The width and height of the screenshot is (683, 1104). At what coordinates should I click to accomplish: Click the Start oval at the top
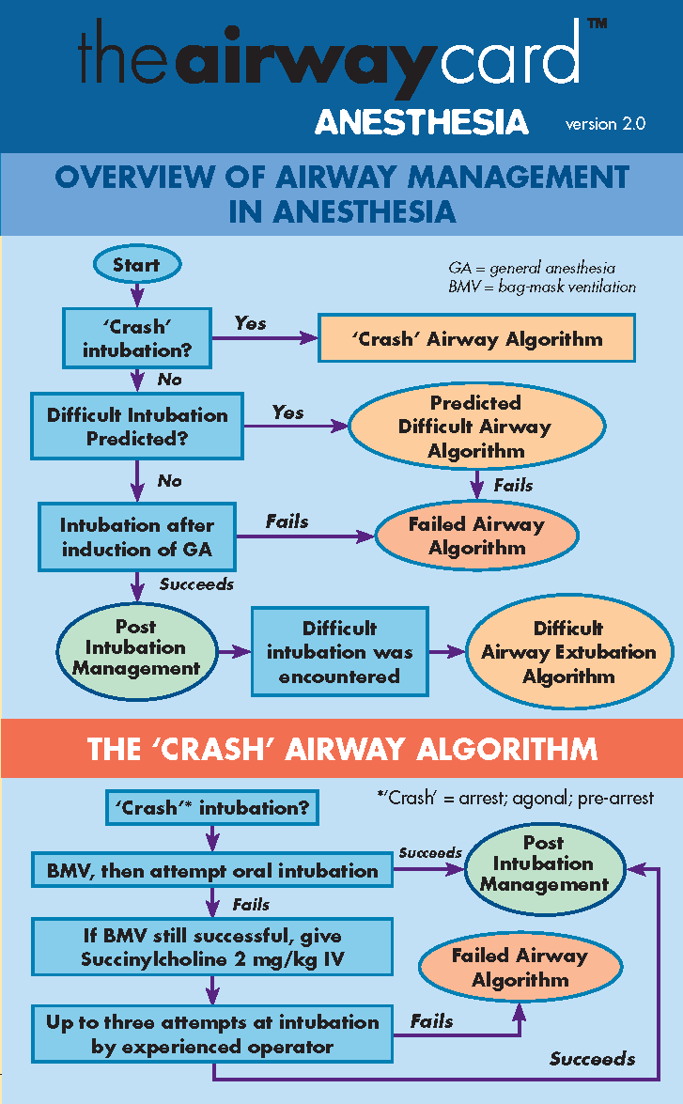point(136,266)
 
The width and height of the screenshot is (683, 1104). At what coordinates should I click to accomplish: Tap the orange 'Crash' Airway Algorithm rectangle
point(477,339)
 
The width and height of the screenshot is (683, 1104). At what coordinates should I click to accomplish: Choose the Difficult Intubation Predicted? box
point(137,427)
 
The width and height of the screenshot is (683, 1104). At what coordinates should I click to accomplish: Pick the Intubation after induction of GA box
point(137,537)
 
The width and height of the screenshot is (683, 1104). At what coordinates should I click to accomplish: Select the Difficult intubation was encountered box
point(339,652)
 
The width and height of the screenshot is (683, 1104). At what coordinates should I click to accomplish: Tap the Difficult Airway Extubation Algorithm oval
point(568,652)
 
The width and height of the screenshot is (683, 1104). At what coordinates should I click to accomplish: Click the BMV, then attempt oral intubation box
point(212,871)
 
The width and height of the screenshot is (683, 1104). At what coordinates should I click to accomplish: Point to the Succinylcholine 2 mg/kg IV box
point(212,948)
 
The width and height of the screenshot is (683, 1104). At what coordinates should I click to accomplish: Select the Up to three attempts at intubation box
point(212,1034)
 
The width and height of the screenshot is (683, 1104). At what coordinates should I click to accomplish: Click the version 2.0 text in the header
point(605,124)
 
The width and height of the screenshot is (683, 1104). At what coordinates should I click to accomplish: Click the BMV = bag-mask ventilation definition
point(542,287)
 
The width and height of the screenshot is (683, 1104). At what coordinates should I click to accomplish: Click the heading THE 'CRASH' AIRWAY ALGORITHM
point(341,749)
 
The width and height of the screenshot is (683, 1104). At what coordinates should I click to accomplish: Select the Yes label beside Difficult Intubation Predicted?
point(287,412)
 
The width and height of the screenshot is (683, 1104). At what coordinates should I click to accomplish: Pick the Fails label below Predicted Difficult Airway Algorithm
point(513,486)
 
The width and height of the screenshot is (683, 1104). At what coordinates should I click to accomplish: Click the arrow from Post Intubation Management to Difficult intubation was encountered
point(232,651)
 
